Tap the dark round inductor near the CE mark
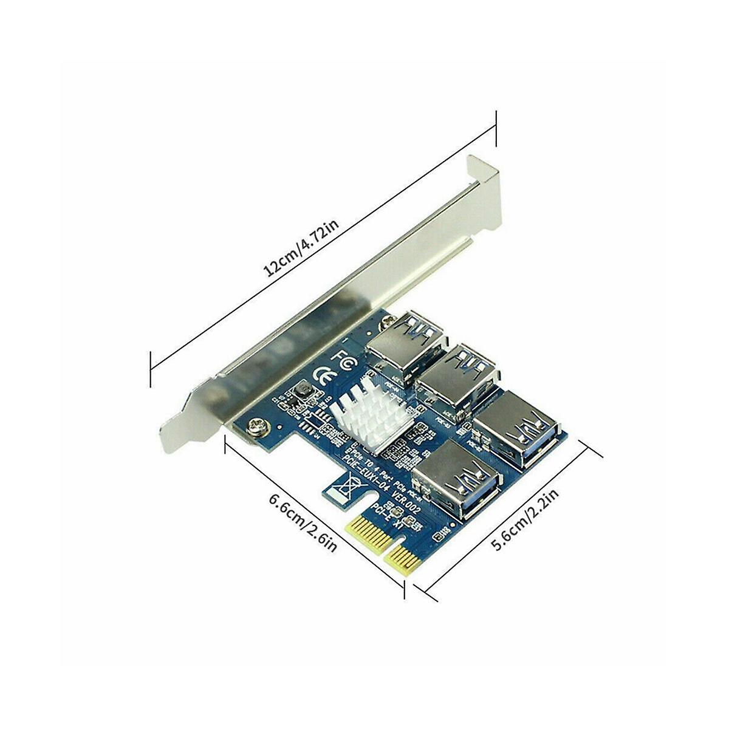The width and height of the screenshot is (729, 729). [x=300, y=394]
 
